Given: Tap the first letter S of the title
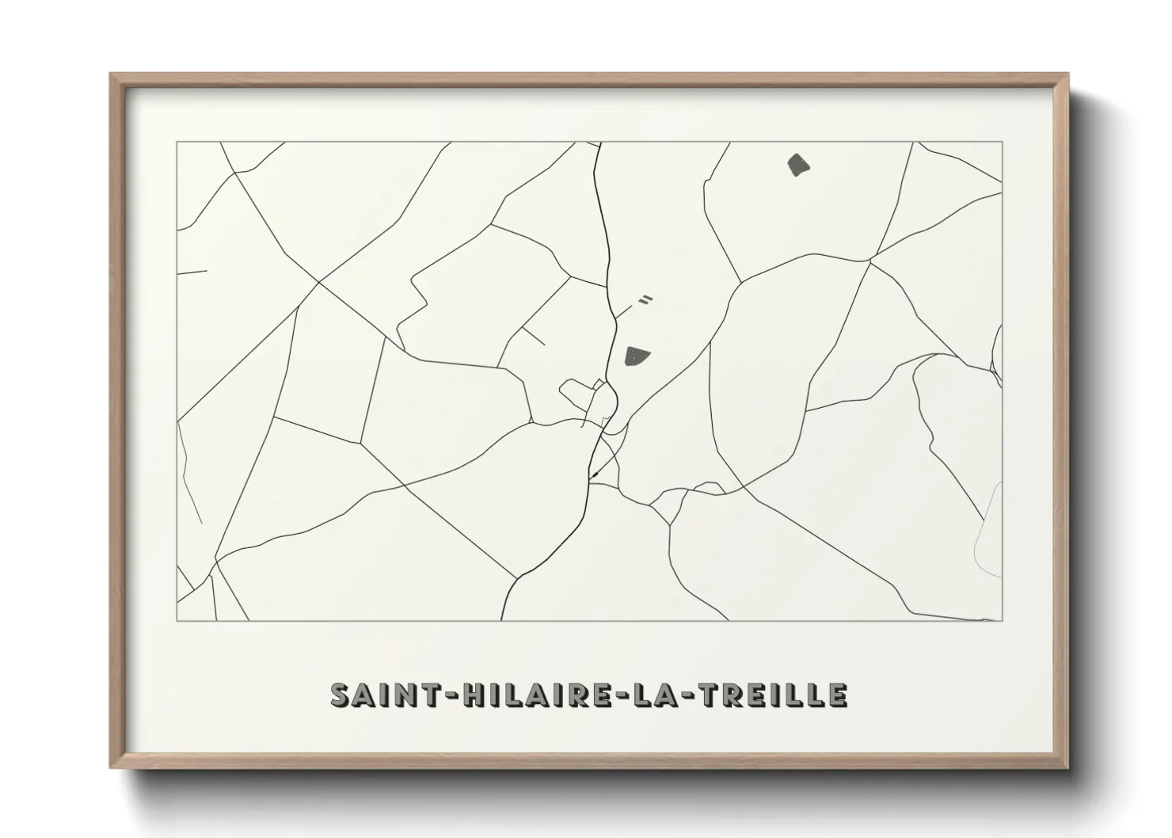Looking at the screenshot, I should (341, 695).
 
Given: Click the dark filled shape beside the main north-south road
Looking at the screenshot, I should (636, 356).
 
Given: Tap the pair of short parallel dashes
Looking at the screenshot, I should (645, 299).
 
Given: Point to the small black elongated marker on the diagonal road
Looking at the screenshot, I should (593, 474).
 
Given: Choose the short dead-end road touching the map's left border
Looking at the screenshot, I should (192, 272).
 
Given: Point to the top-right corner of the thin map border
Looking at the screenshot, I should (1003, 142).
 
